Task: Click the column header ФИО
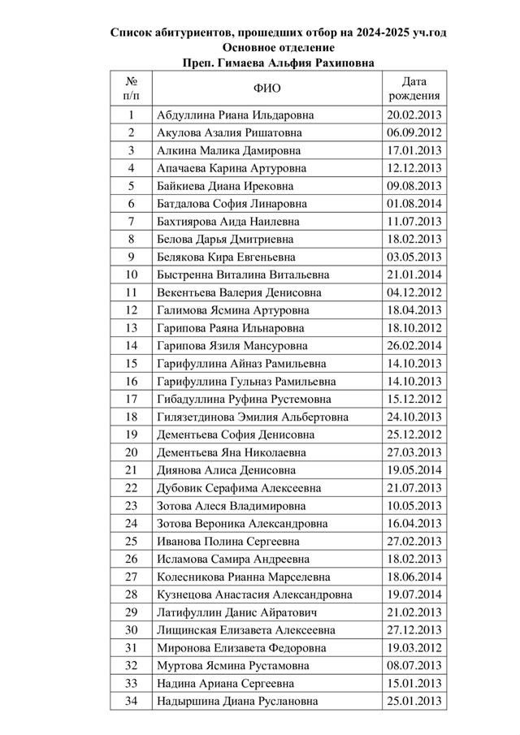tap(266, 89)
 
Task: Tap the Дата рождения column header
tap(414, 89)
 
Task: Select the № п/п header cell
tap(131, 89)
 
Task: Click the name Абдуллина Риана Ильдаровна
tap(235, 115)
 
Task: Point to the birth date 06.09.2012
tap(414, 132)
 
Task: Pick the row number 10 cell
tap(131, 275)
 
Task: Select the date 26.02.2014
tap(414, 346)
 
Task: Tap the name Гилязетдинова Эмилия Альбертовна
tap(252, 417)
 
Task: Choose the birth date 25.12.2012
tap(414, 435)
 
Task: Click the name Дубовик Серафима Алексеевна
tap(238, 488)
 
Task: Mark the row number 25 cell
tap(131, 541)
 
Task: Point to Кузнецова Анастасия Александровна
tap(253, 594)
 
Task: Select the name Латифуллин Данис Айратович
tap(236, 612)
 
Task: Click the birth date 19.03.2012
tap(414, 648)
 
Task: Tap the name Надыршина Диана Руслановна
tap(236, 701)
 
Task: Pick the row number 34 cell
tap(131, 701)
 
